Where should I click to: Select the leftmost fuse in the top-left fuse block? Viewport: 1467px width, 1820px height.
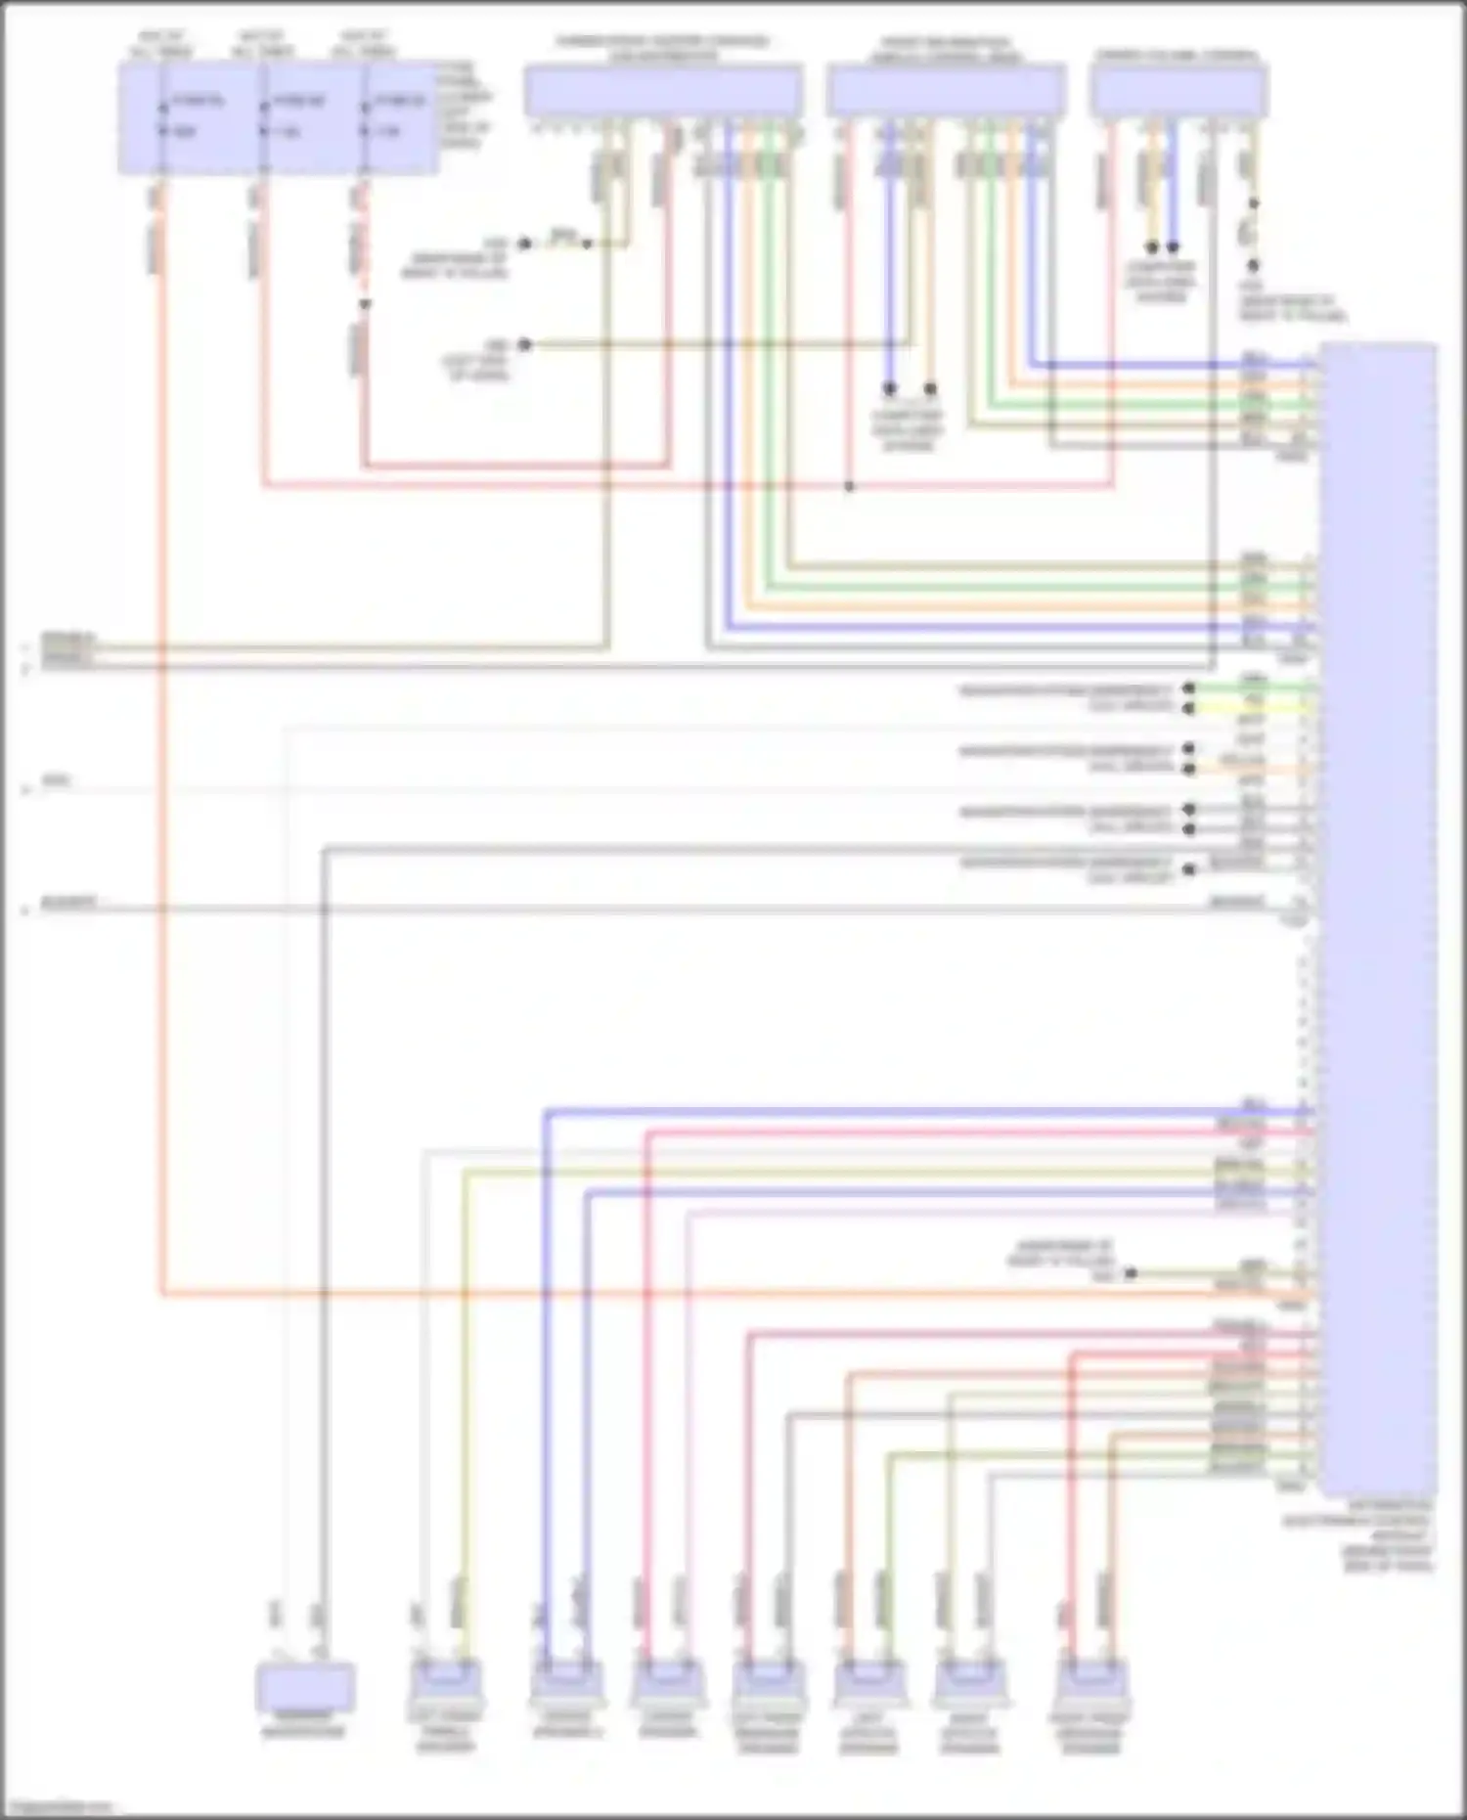(x=161, y=117)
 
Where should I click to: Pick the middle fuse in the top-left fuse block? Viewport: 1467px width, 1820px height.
(x=263, y=117)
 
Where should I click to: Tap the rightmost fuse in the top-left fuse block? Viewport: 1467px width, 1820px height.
(x=365, y=117)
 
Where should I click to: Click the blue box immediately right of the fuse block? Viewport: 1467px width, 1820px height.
(x=663, y=91)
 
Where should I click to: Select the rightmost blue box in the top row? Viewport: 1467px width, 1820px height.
(x=1179, y=91)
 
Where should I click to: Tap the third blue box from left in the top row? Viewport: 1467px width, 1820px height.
(x=946, y=91)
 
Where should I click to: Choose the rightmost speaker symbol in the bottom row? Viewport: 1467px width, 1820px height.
(x=1089, y=1684)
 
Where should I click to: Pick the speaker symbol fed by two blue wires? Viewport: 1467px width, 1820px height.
(x=566, y=1684)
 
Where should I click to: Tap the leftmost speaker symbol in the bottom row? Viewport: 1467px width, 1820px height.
(x=445, y=1684)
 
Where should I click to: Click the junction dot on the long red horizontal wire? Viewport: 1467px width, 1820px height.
(x=849, y=486)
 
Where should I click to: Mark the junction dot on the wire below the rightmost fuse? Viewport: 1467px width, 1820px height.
(x=365, y=304)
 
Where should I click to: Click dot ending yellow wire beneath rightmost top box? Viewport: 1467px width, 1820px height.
(x=1152, y=247)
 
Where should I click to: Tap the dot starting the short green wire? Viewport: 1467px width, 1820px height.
(x=1189, y=688)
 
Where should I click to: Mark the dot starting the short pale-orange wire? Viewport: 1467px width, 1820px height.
(x=1189, y=769)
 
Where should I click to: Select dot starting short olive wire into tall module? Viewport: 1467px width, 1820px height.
(x=1131, y=1273)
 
